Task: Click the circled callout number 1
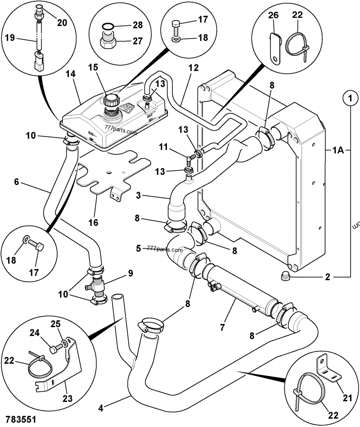pyautogui.click(x=349, y=97)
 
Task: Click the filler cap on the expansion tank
pyautogui.click(x=110, y=100)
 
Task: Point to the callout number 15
pyautogui.click(x=93, y=67)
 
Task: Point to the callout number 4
pyautogui.click(x=101, y=408)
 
